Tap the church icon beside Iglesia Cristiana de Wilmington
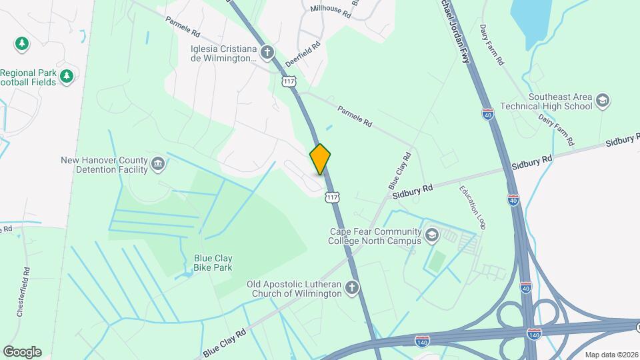point(267,52)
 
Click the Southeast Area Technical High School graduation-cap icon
point(603,101)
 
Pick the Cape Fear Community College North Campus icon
point(432,235)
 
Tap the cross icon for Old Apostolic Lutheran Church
point(351,288)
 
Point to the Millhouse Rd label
point(330,10)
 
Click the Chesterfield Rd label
point(27,291)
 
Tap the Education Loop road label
point(472,207)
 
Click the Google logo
point(22,351)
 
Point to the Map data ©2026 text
point(611,355)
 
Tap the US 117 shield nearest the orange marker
point(332,196)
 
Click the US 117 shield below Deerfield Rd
point(288,81)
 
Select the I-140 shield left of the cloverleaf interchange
point(421,341)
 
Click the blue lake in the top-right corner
point(531,15)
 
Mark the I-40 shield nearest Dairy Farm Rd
point(488,113)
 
